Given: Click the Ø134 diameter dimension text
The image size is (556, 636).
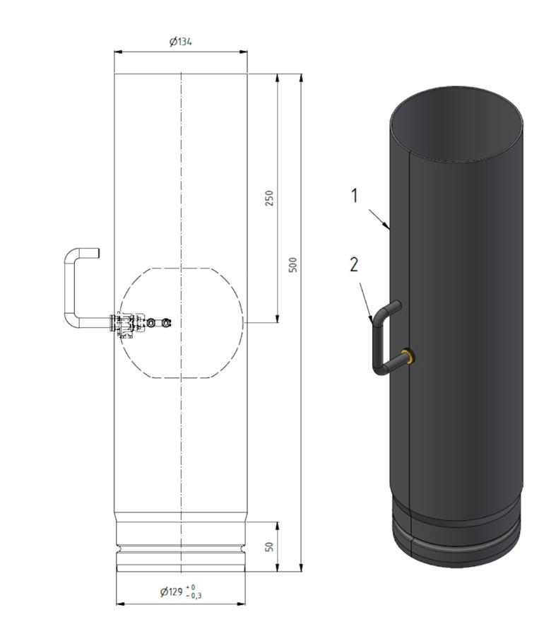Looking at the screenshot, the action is click(180, 42).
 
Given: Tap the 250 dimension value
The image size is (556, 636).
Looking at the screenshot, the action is click(269, 198).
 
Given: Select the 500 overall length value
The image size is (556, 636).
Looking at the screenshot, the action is click(292, 264).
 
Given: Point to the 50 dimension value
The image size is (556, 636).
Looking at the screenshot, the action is click(269, 546).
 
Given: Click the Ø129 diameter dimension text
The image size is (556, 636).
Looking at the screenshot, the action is click(171, 591).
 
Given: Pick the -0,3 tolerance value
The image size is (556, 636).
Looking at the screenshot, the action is click(194, 596).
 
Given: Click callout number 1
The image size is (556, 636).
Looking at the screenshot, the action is click(355, 196).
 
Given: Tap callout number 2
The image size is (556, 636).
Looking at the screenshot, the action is click(354, 264).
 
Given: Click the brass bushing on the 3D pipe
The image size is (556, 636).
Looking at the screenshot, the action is click(409, 355).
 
